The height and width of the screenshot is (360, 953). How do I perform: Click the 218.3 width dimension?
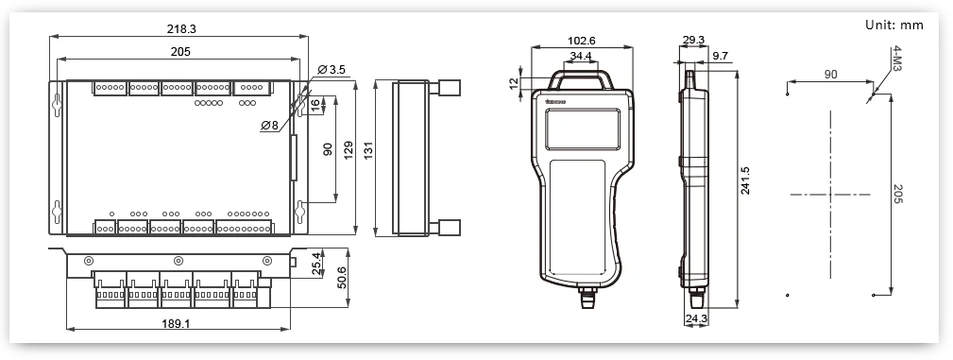181,28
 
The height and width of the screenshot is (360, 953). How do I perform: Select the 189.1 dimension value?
177,323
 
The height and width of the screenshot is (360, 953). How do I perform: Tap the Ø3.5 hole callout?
331,70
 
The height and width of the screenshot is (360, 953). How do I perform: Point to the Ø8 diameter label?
269,126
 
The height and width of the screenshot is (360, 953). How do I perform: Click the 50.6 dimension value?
342,277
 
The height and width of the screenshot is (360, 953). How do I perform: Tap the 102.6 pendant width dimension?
581,41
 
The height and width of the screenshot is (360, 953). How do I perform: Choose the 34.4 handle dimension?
581,56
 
